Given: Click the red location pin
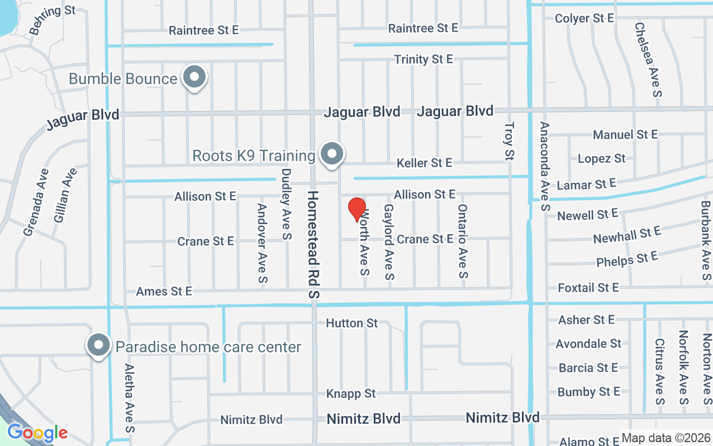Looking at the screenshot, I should [356, 210].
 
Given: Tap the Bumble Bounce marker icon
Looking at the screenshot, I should [194, 78].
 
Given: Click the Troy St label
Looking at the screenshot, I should [508, 142].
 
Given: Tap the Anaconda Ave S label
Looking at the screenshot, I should [544, 166].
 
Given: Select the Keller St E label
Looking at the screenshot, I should [424, 163].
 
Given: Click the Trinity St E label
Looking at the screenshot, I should [423, 59].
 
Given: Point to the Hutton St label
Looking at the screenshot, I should [351, 323].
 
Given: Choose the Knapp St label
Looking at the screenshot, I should [351, 394].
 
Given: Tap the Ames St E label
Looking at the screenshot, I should [164, 291].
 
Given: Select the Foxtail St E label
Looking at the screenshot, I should [588, 288].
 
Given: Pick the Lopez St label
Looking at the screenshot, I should [602, 159].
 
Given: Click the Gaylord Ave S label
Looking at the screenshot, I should [389, 241].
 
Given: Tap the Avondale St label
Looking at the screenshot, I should [588, 343].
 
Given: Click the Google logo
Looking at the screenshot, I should [37, 433].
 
